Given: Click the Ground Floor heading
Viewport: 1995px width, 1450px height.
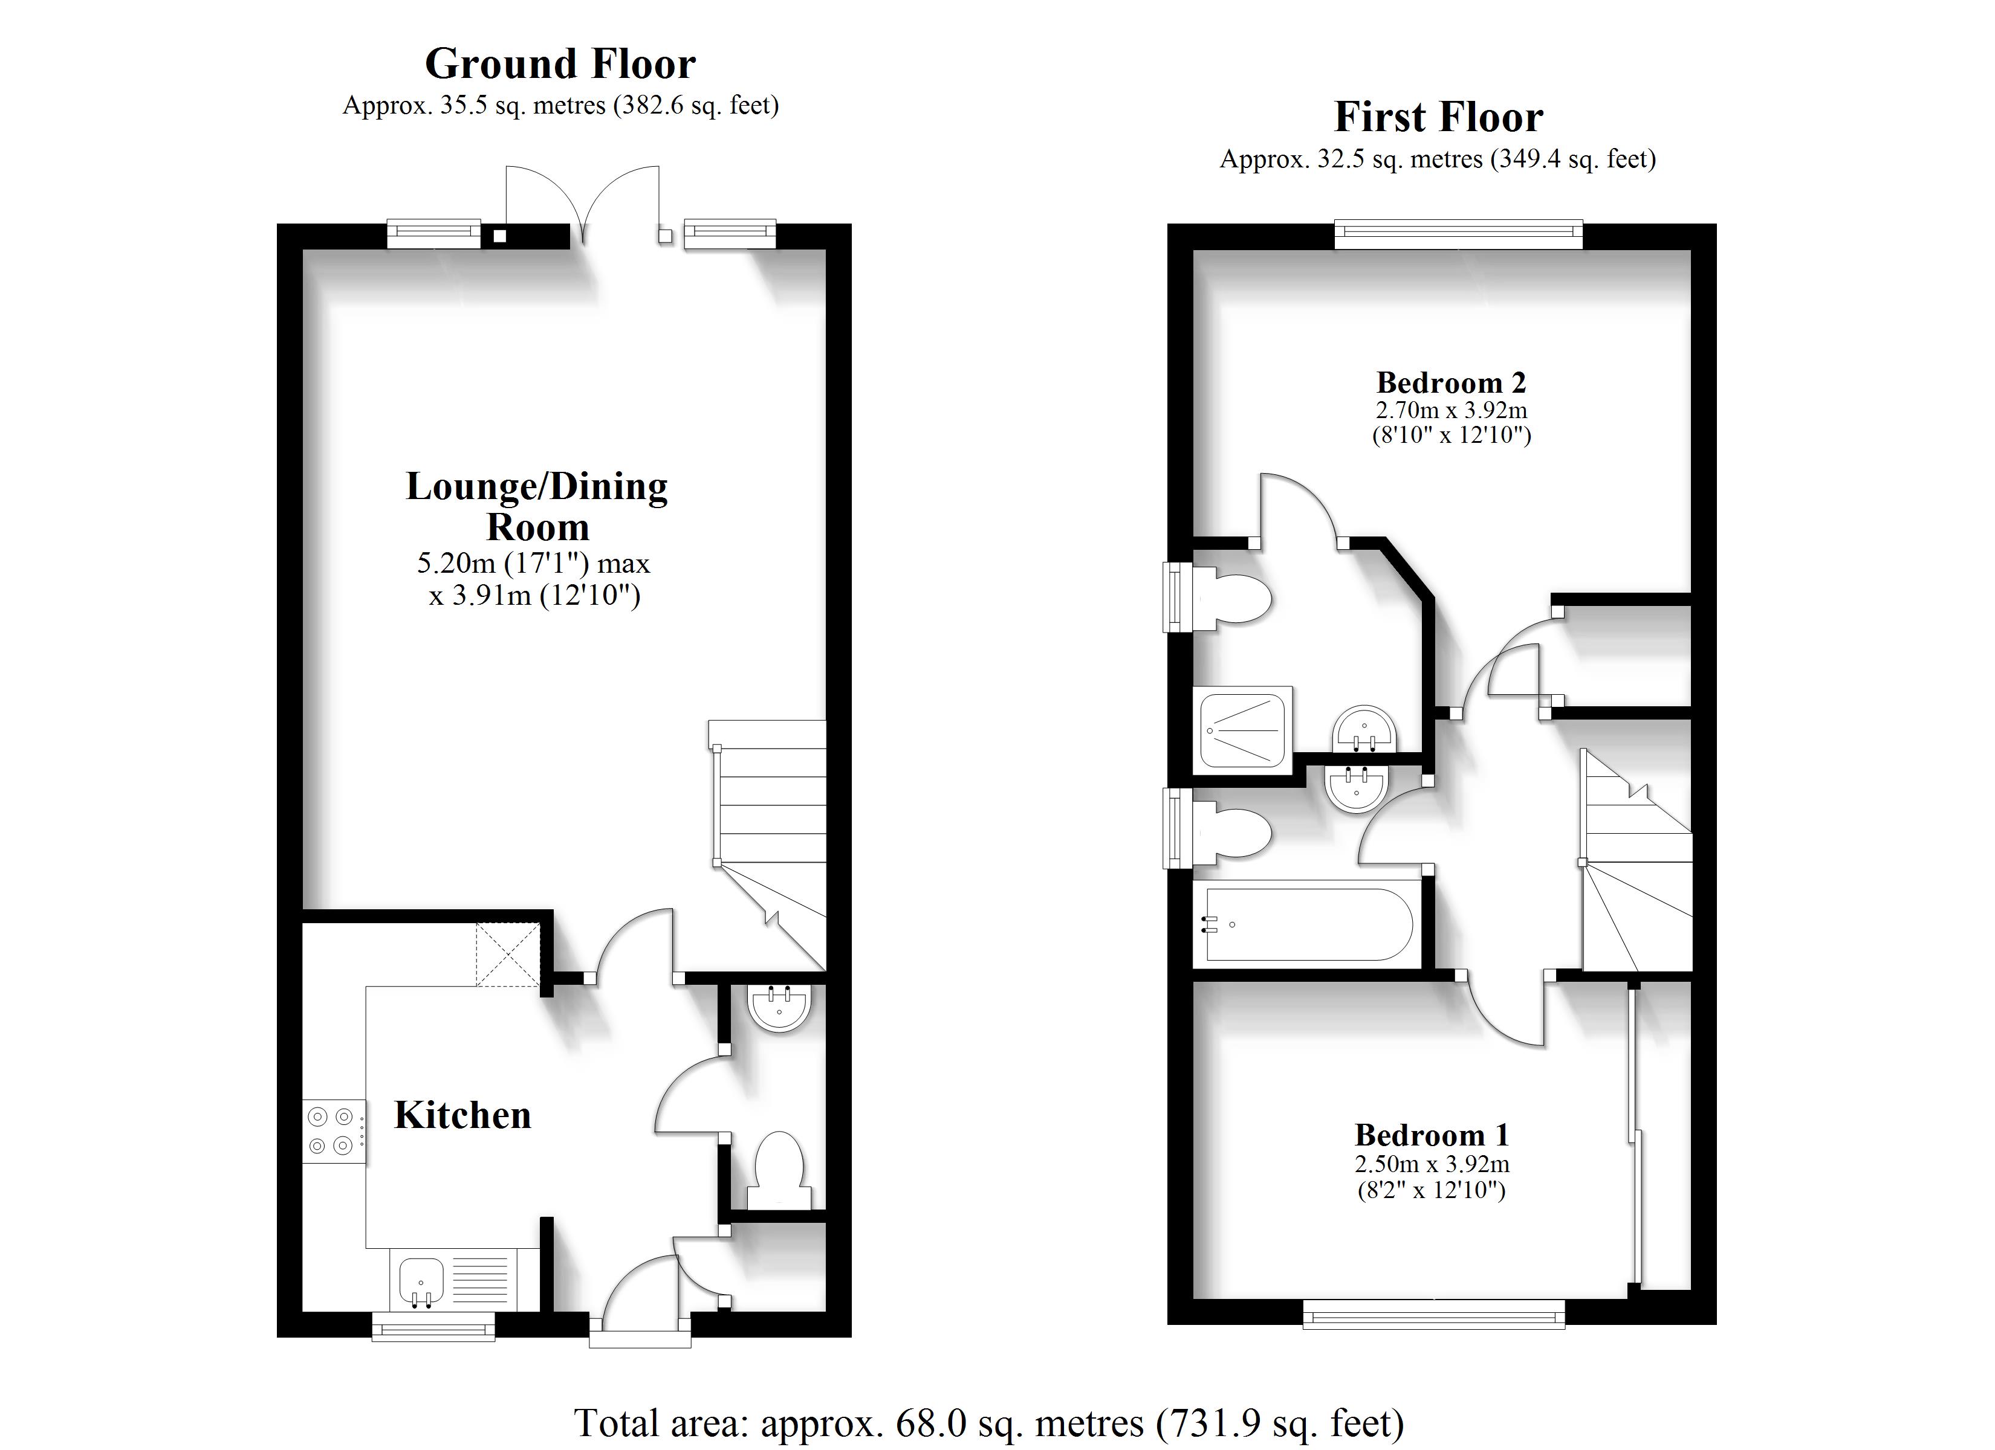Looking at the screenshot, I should (560, 64).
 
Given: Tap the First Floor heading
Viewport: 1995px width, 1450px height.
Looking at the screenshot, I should (1438, 118).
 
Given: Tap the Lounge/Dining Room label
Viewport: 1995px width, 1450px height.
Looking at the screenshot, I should (537, 506).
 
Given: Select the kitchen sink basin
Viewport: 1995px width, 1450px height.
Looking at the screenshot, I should (421, 1280).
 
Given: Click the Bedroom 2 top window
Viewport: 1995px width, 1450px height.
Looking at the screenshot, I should (1458, 233).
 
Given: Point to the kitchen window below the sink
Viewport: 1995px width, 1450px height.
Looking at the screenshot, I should (433, 1326).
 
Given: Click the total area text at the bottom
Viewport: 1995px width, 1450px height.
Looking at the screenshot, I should (988, 1422).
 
